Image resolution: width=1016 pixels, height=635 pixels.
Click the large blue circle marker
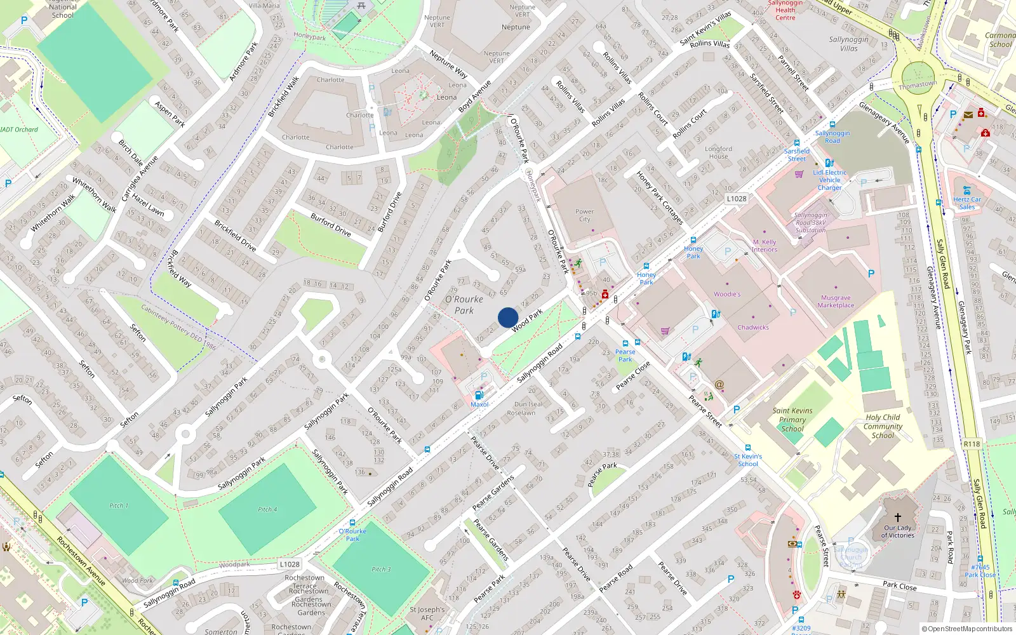point(508,317)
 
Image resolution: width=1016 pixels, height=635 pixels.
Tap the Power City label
point(584,215)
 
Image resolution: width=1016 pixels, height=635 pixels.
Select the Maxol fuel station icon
point(479,395)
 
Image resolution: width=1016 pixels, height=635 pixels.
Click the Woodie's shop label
point(727,294)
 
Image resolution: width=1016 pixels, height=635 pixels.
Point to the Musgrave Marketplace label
point(836,302)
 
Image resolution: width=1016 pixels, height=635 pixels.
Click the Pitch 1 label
point(118,505)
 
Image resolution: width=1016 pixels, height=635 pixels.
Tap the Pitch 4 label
point(267,509)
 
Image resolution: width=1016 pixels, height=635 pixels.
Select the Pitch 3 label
point(381,569)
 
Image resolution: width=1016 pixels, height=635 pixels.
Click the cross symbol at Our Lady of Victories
point(897,518)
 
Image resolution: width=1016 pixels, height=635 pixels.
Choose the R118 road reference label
point(972,444)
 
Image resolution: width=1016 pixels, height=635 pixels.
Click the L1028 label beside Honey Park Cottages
point(737,199)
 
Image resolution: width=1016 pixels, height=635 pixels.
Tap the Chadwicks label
point(753,328)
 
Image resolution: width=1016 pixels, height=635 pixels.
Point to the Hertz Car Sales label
point(966,203)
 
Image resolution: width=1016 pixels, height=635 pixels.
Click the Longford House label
point(718,152)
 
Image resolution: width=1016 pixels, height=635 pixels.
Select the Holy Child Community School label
point(883,426)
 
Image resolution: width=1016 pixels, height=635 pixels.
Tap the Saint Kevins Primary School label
point(792,419)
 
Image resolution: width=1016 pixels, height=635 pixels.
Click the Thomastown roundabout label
point(918,84)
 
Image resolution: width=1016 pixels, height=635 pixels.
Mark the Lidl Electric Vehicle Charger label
point(829,180)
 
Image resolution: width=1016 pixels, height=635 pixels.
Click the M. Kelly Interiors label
point(765,246)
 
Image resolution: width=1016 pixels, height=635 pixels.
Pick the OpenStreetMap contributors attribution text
point(967,629)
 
